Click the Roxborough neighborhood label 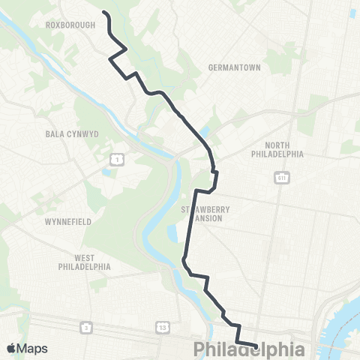click(x=70, y=25)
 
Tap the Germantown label click(x=235, y=67)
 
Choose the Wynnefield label click(x=68, y=223)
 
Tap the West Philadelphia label click(x=85, y=262)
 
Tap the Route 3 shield click(x=87, y=328)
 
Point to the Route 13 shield click(x=162, y=328)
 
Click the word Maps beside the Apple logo click(x=32, y=349)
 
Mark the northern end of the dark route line click(x=103, y=13)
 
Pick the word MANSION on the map click(x=208, y=218)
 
